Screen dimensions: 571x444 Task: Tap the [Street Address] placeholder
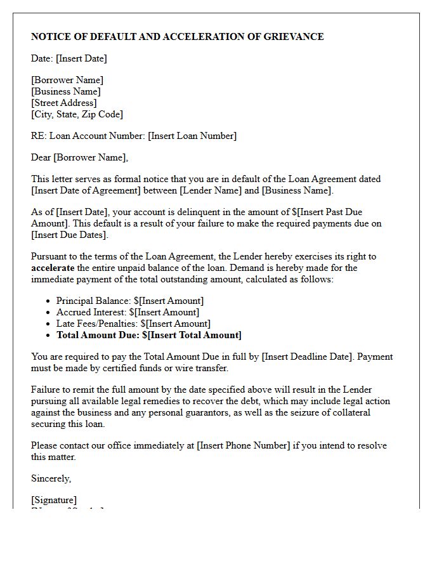64,103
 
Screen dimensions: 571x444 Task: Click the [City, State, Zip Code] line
77,114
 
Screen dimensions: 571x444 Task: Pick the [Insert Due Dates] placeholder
70,235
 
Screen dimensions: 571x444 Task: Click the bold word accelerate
53,268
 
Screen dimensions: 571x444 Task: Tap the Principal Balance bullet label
91,301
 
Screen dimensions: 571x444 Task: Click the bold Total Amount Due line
148,335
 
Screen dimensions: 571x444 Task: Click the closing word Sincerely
51,478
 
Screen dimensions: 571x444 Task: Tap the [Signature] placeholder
54,500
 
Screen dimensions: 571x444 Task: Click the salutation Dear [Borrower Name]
79,157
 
